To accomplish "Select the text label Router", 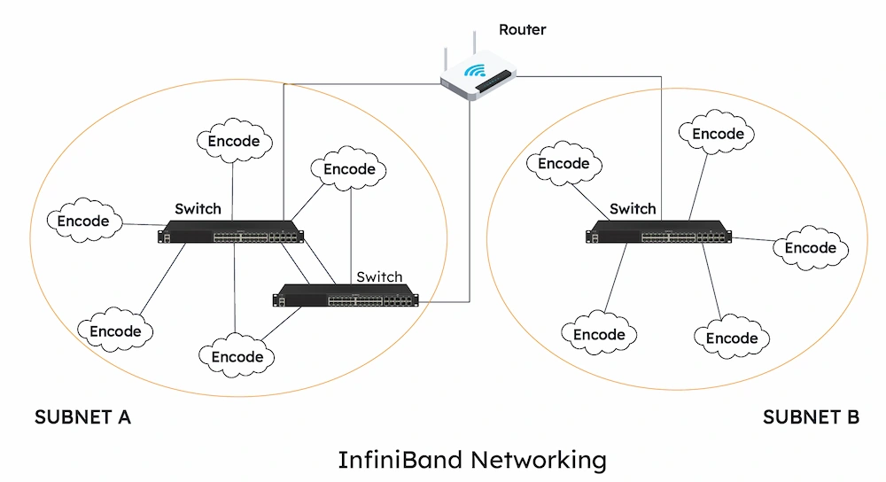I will coord(522,29).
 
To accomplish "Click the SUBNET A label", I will coord(82,417).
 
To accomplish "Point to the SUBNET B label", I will coord(811,417).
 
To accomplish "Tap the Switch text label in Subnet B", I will coord(633,209).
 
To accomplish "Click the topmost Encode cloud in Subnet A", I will coord(234,141).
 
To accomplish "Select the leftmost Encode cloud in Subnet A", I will coord(83,222).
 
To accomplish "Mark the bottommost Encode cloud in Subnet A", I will coord(237,357).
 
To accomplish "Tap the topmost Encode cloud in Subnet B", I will coord(718,134).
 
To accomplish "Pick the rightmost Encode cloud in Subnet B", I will coord(811,248).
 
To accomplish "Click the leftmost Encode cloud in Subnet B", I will coord(563,164).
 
